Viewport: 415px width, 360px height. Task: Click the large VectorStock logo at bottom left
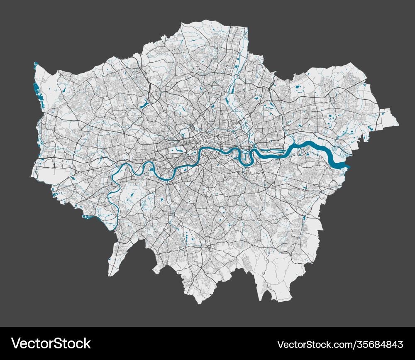[51, 343]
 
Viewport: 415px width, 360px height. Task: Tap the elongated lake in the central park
[179, 149]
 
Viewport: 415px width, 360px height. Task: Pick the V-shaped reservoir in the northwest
[145, 104]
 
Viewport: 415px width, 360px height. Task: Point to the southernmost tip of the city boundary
[200, 303]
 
